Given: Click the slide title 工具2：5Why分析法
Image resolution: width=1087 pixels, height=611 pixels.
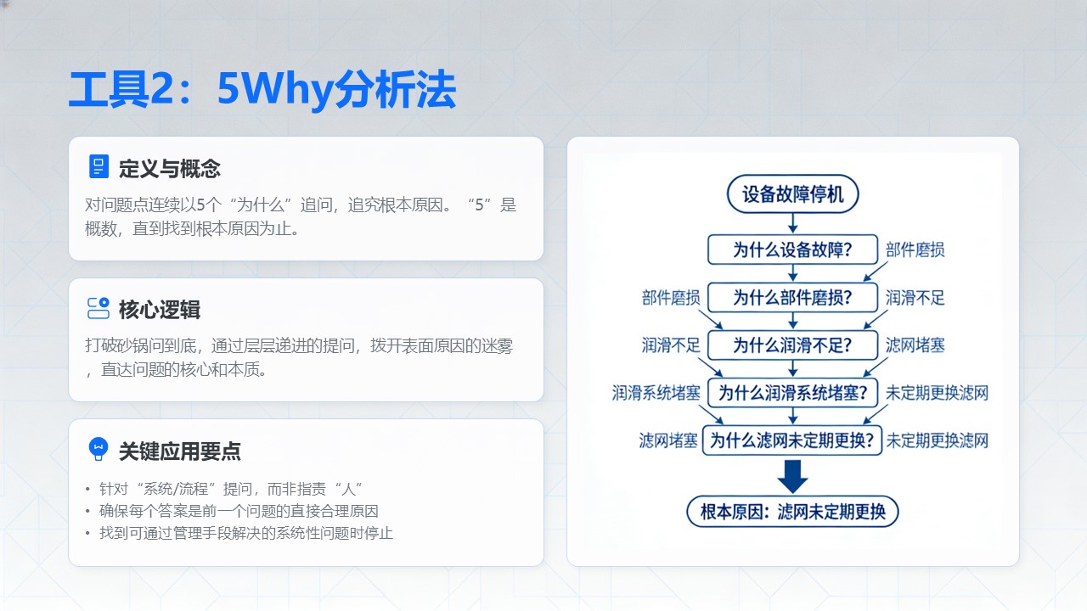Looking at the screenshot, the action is coord(262,90).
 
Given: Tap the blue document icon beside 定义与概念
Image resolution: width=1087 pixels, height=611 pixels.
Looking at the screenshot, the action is coord(99,167).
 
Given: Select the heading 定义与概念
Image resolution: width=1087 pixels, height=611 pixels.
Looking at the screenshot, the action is coord(169,169).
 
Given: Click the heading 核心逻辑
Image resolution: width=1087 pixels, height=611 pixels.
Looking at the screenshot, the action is coord(159,310).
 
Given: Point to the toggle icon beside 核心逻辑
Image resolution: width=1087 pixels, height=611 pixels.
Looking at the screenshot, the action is coord(99,308).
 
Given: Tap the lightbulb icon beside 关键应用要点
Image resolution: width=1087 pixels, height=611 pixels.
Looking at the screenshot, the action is coord(99,449).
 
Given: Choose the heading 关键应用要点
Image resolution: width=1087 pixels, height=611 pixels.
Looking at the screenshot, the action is coord(179,451).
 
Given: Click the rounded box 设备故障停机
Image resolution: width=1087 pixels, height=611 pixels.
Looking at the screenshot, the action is coord(792,194).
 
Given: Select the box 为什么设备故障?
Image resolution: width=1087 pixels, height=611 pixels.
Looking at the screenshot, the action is coord(792,249).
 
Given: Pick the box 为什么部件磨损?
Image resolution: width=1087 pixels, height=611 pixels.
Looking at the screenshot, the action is coord(792,297).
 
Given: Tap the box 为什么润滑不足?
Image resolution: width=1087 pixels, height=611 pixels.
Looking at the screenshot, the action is coord(792,345).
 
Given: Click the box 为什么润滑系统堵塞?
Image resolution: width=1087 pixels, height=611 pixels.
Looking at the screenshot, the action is coord(792,392).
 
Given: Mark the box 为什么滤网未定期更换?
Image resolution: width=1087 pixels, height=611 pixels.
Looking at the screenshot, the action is coord(792,440).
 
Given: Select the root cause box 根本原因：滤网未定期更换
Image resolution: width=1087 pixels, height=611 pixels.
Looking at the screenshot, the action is coord(792,511).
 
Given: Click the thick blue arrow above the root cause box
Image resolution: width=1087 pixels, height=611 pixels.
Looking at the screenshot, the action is coord(792,477).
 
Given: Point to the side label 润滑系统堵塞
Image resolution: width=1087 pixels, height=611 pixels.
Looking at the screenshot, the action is coord(656,393).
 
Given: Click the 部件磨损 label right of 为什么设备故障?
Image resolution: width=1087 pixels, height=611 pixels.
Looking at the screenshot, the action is coord(915,250).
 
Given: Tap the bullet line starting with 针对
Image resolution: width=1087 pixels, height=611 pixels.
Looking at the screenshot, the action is coord(230,489).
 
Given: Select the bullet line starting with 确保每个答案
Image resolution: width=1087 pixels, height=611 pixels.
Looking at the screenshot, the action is coord(239,511).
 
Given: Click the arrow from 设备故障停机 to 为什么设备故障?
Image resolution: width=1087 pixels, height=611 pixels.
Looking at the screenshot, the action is coord(792,223).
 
